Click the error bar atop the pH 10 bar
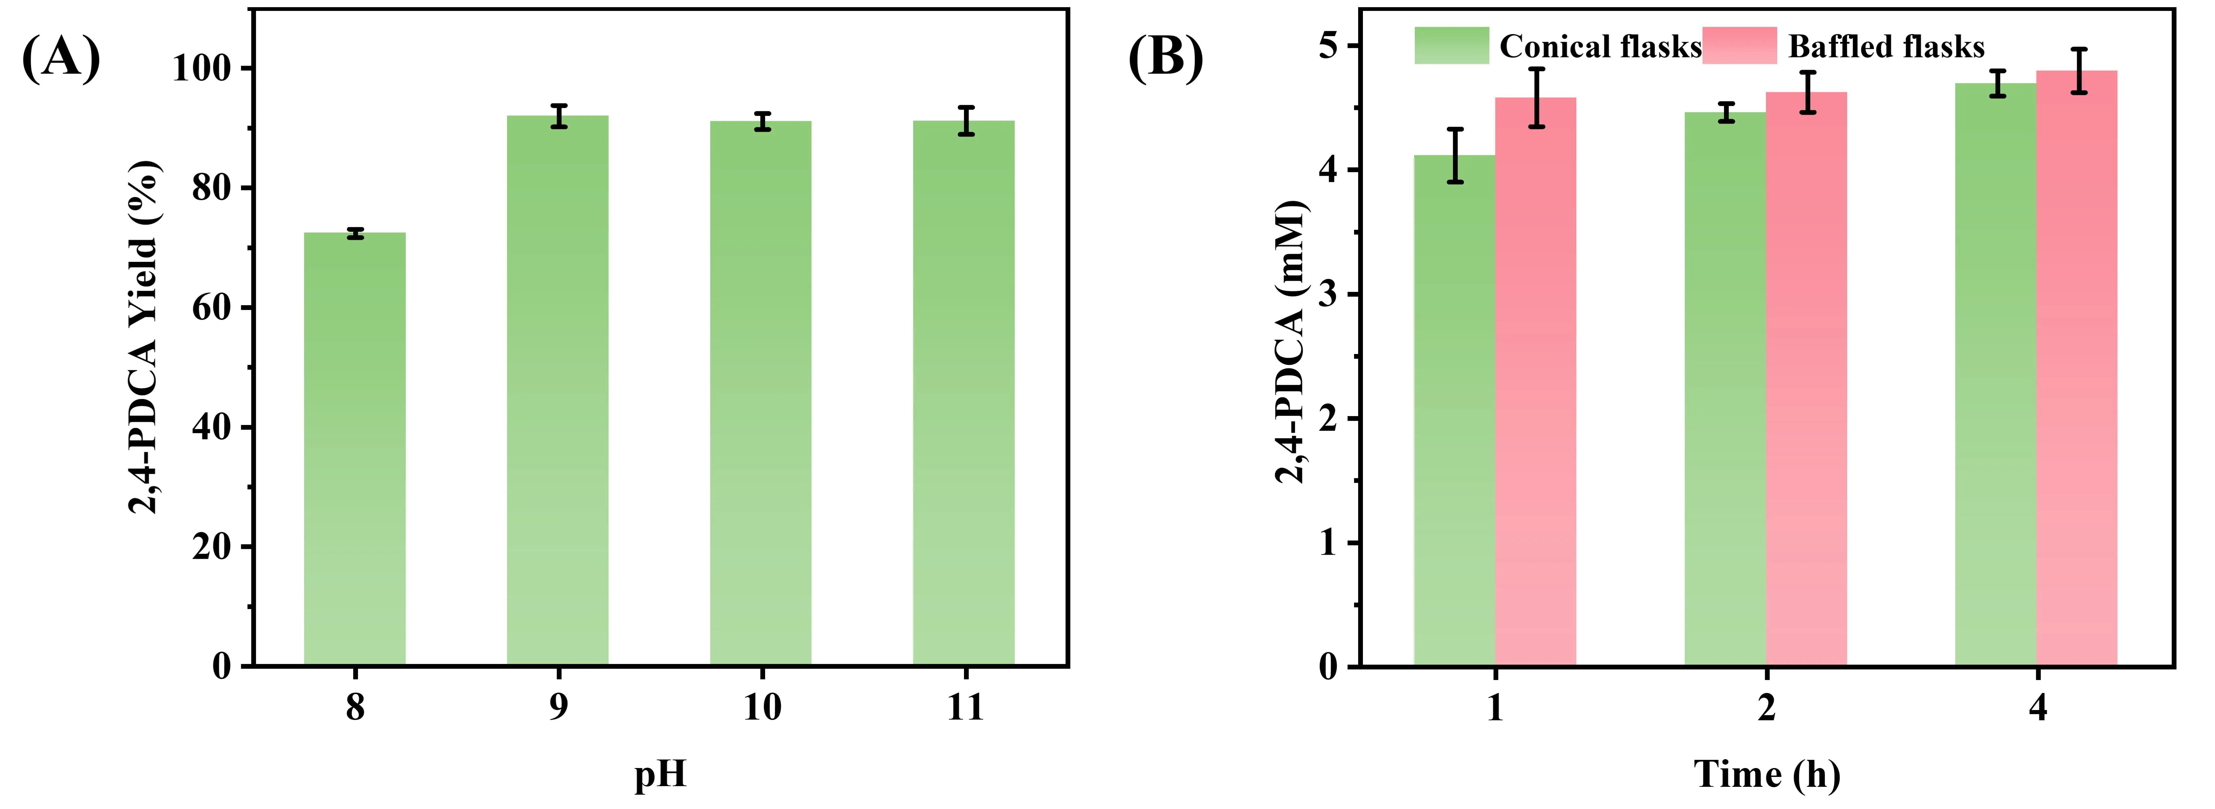click(x=761, y=121)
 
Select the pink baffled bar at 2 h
click(x=1807, y=378)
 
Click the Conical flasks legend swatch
click(x=1451, y=45)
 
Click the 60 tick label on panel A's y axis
click(x=212, y=308)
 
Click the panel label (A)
click(x=60, y=58)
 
